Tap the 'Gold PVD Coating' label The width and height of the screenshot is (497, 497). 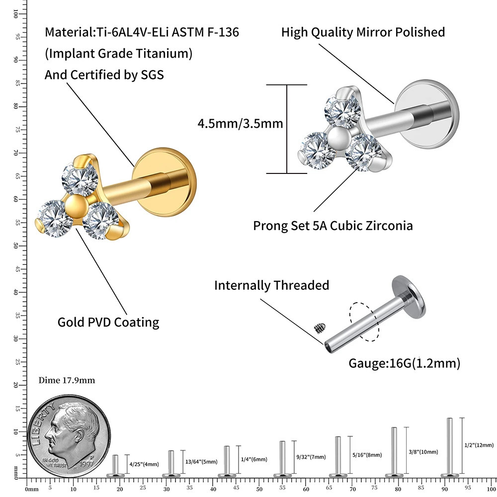tap(108, 322)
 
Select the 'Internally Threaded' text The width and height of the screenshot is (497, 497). tap(271, 285)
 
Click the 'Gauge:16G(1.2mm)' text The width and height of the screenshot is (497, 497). tap(404, 363)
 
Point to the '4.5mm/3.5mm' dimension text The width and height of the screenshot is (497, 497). tap(240, 123)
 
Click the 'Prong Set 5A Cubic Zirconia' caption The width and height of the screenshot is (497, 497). tap(333, 226)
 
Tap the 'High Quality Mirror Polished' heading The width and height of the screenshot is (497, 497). tap(363, 32)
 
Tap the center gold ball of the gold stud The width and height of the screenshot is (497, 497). tap(76, 205)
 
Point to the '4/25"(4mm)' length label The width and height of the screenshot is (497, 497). tap(144, 464)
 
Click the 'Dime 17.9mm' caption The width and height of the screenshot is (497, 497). tap(67, 381)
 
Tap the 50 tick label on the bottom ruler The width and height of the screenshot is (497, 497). tap(258, 489)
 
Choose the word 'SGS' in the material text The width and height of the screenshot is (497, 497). tap(149, 75)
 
